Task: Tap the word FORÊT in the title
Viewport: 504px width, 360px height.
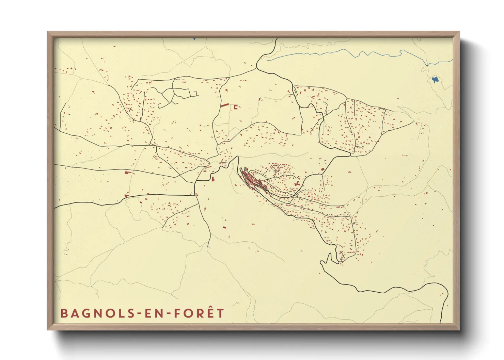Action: point(199,313)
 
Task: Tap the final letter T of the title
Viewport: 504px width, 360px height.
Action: point(221,313)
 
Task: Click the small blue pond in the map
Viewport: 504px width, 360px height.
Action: point(435,80)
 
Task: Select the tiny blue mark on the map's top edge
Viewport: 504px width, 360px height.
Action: point(194,39)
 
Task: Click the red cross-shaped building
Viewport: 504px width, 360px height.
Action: point(297,184)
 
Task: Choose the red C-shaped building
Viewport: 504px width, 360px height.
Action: point(235,107)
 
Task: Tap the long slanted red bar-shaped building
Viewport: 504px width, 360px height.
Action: point(224,105)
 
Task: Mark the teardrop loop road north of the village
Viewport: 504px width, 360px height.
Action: point(275,168)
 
